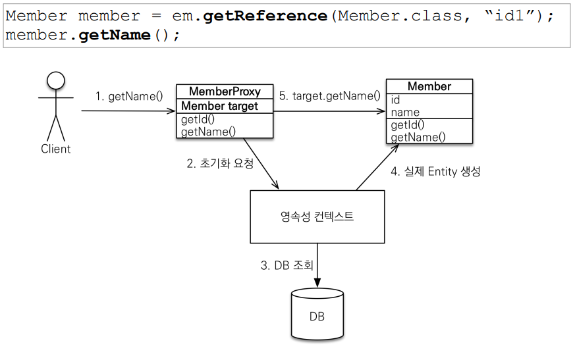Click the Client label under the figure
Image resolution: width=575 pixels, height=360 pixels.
coord(56,149)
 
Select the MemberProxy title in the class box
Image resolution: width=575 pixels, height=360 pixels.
coord(225,91)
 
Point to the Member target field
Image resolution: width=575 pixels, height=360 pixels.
coord(219,106)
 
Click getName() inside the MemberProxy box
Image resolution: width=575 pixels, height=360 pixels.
coord(208,132)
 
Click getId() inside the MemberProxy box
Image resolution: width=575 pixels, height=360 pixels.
coord(198,119)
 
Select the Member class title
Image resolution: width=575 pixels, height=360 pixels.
coord(429,86)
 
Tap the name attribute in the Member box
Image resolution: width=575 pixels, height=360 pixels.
coord(405,112)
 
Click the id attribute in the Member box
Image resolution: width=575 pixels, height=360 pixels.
coord(395,100)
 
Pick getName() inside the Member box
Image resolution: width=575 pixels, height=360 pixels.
coord(418,137)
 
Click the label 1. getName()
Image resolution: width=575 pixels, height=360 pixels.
coord(129,96)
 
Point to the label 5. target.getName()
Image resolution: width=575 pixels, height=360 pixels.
coord(330,95)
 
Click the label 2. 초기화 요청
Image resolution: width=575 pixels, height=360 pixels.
coord(220,163)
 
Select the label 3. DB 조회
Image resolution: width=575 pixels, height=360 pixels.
coord(287,265)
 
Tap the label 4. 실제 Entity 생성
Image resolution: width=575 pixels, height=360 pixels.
coord(435,171)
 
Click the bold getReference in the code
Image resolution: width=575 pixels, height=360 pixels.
coord(265,16)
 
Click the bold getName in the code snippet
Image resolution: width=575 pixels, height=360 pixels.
coord(115,35)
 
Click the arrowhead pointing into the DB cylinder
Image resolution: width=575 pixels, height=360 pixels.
coord(317,283)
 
